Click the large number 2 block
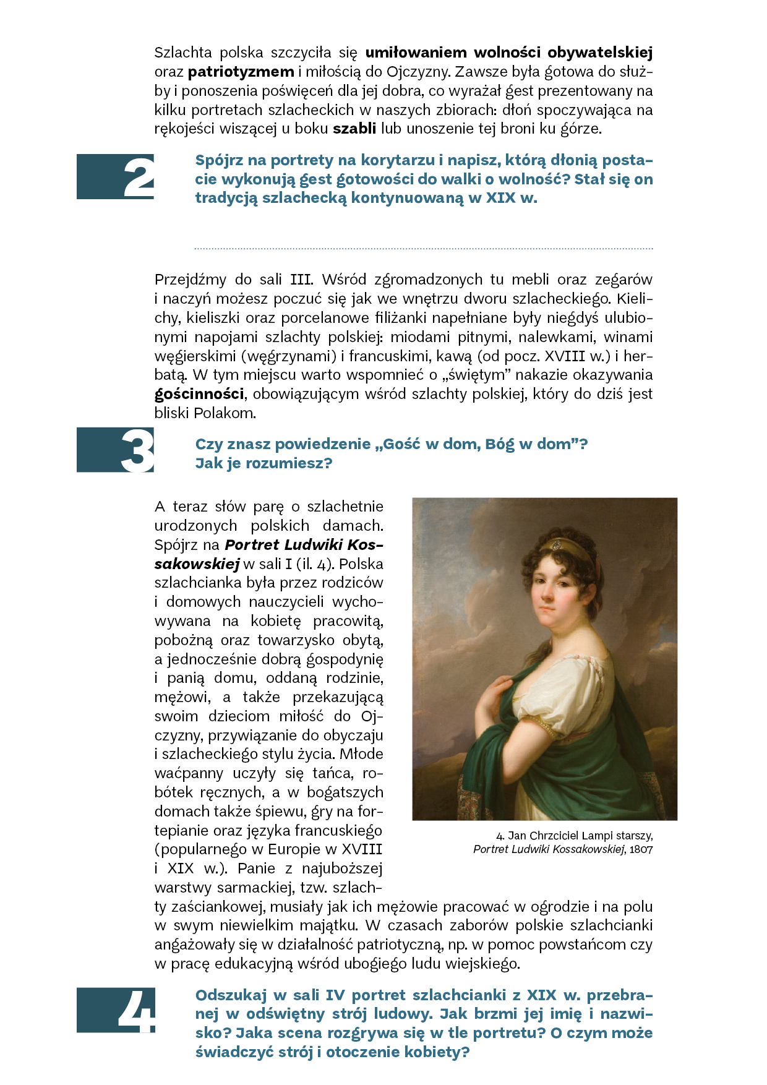click(x=116, y=177)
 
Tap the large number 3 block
click(x=116, y=450)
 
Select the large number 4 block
click(x=116, y=1010)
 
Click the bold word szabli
click(x=354, y=129)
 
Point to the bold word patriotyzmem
click(x=241, y=72)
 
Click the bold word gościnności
click(x=199, y=394)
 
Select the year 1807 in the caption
click(x=641, y=849)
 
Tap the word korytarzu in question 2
click(x=398, y=160)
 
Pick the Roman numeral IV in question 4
click(x=335, y=995)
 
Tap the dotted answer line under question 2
click(x=424, y=249)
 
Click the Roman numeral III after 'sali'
click(x=301, y=280)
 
